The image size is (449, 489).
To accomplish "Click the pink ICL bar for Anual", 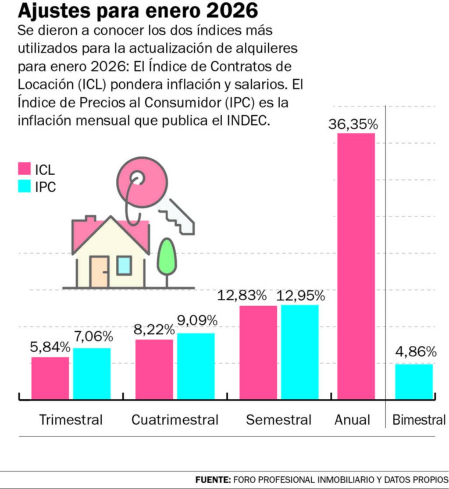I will pyautogui.click(x=356, y=266).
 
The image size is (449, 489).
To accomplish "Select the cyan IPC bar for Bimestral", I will pyautogui.click(x=414, y=381).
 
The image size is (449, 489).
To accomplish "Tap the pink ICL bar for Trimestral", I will pyautogui.click(x=50, y=378).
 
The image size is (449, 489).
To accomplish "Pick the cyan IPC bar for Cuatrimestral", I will pyautogui.click(x=196, y=366).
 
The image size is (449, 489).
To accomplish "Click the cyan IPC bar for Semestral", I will pyautogui.click(x=300, y=352).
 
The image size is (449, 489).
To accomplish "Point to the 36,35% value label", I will pyautogui.click(x=353, y=124).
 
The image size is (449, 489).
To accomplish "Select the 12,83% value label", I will pyautogui.click(x=242, y=295).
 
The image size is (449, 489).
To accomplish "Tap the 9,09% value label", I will pyautogui.click(x=197, y=321).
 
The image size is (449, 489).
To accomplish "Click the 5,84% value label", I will pyautogui.click(x=50, y=347).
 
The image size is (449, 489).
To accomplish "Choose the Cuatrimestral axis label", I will pyautogui.click(x=175, y=420).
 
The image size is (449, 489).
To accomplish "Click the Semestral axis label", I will pyautogui.click(x=278, y=420).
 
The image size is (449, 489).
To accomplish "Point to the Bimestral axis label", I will pyautogui.click(x=419, y=420).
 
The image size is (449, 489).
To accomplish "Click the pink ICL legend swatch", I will pyautogui.click(x=24, y=169).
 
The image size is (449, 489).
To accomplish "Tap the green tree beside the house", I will pyautogui.click(x=167, y=256).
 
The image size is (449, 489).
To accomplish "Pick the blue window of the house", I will pyautogui.click(x=124, y=265).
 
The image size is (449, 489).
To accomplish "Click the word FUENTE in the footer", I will pyautogui.click(x=213, y=479).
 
